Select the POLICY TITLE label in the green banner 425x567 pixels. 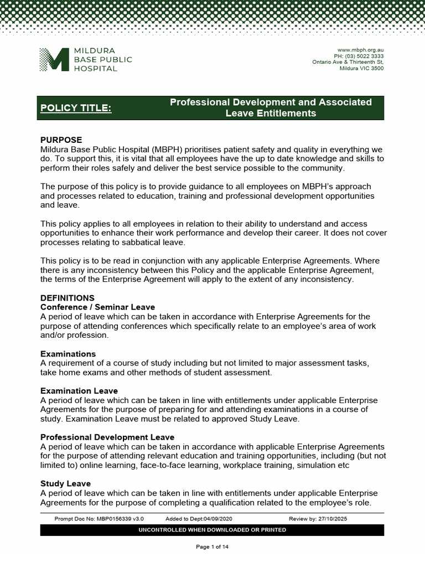(x=76, y=108)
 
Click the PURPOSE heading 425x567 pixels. (x=61, y=140)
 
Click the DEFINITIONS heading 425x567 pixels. (x=68, y=298)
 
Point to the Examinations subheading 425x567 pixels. (x=68, y=354)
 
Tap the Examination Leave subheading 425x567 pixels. (x=79, y=391)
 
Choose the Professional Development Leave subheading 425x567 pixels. (x=107, y=437)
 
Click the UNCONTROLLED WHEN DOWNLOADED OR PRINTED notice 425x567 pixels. (x=212, y=530)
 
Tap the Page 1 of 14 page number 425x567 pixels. (x=212, y=547)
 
